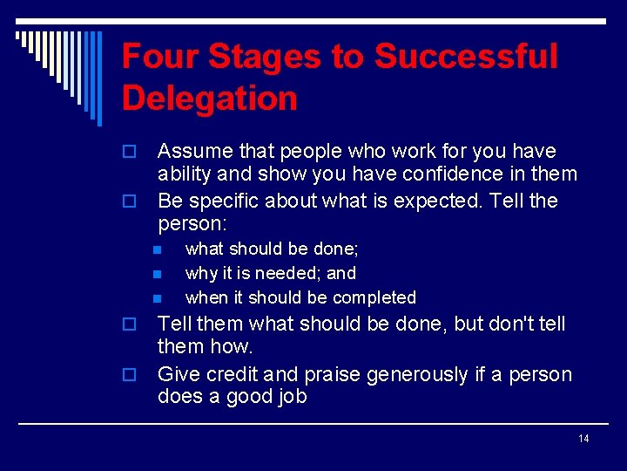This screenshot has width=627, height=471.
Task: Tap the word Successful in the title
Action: point(466,58)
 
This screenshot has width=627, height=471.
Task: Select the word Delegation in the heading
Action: point(210,98)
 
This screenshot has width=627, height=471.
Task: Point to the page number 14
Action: point(583,438)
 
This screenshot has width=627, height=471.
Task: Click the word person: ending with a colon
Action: point(192,224)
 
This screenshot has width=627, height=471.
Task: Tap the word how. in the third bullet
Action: point(231,347)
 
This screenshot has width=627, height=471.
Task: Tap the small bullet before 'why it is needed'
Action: point(158,274)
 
